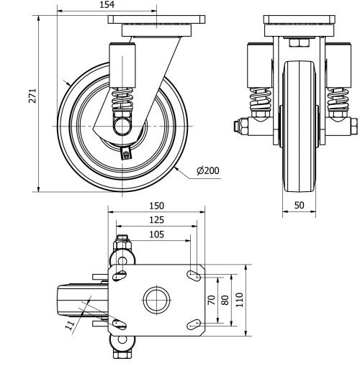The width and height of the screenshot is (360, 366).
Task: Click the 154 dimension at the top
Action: coord(106,5)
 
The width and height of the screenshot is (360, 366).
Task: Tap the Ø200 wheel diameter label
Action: coord(207,171)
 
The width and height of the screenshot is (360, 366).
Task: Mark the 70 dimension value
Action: coord(212,300)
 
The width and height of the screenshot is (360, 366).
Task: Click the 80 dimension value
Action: coord(225,300)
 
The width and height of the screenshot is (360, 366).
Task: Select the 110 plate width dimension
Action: coord(240,300)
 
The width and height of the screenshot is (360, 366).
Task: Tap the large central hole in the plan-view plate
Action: coord(156,299)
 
